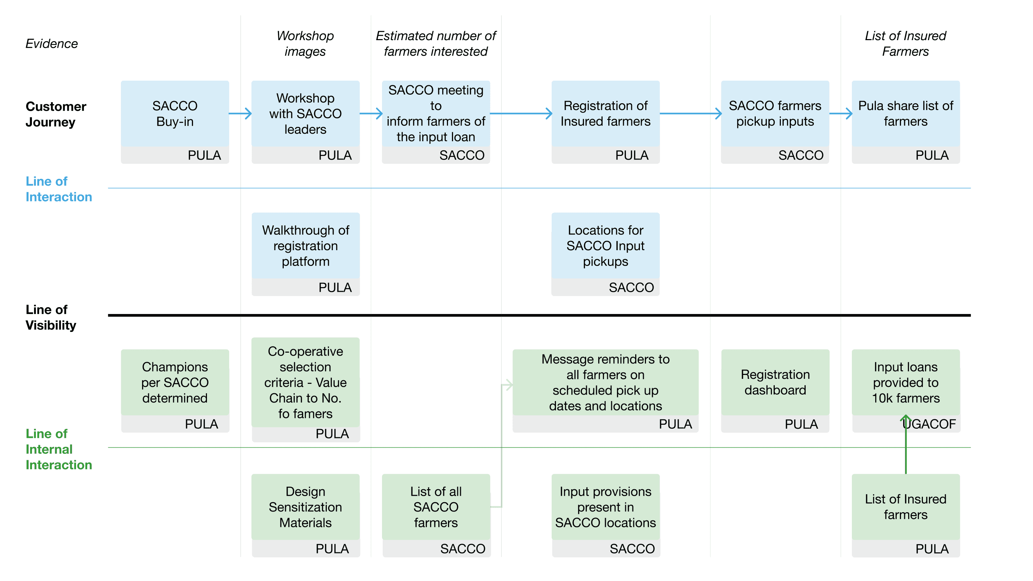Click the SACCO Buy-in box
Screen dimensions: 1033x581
click(x=175, y=122)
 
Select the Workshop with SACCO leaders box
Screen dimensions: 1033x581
click(x=306, y=122)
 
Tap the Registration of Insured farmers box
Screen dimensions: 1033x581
click(x=605, y=122)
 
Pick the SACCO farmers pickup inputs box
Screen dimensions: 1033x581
click(x=775, y=122)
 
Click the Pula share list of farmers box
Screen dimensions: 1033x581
click(x=906, y=122)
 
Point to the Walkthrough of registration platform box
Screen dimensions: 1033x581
click(x=306, y=254)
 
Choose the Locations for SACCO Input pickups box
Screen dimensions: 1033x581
click(x=605, y=254)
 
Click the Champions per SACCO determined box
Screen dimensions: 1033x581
click(x=175, y=391)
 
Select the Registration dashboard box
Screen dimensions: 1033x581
click(x=775, y=391)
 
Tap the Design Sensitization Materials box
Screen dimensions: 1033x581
click(x=306, y=515)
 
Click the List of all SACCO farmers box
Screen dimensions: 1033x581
click(x=436, y=515)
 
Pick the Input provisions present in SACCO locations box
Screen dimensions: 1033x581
click(x=605, y=515)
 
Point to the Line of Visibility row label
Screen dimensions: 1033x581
click(x=51, y=317)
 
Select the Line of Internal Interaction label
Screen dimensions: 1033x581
click(x=59, y=449)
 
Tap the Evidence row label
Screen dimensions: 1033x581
click(x=52, y=44)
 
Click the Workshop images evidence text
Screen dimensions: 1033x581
click(x=305, y=44)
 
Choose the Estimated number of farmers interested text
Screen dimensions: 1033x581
click(x=436, y=44)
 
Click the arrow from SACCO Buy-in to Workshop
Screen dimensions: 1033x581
click(x=240, y=113)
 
